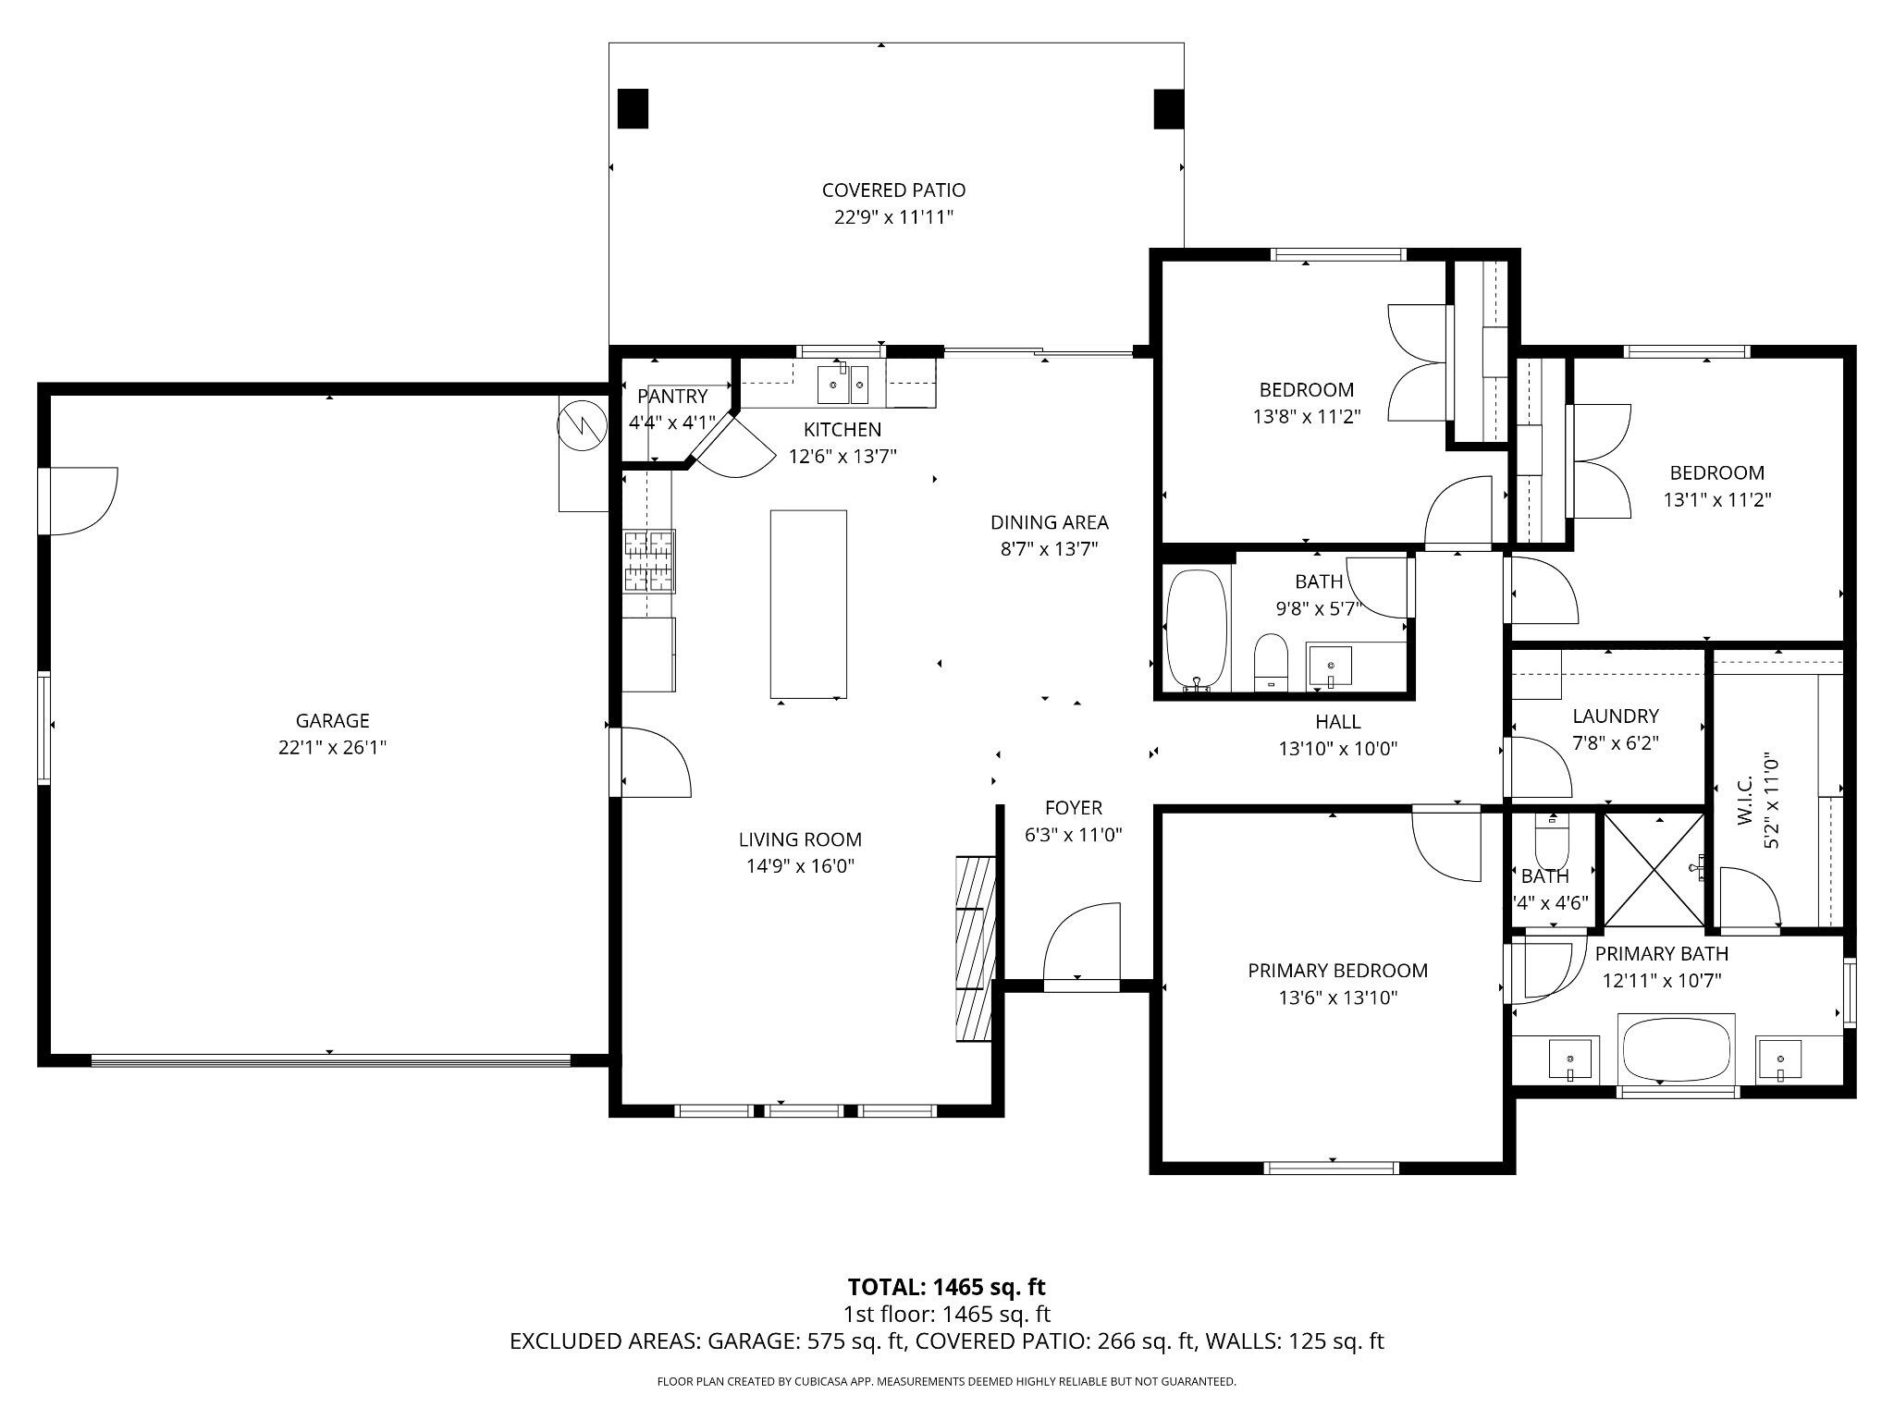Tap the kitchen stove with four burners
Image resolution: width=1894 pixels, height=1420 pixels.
point(648,560)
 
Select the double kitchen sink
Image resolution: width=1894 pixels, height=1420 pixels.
point(842,385)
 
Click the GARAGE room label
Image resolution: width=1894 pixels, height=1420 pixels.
point(332,720)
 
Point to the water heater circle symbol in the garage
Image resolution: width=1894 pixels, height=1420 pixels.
point(579,426)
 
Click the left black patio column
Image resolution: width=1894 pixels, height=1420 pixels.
point(633,108)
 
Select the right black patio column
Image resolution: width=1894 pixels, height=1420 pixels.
point(1169,108)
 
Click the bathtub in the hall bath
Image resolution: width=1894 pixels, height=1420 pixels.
point(1197,630)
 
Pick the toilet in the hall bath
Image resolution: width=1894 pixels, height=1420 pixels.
point(1272,660)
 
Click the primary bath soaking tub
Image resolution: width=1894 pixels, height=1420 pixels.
point(1676,1048)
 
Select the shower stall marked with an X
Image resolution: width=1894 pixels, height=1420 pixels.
point(1654,869)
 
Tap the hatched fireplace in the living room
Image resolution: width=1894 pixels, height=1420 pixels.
point(975,949)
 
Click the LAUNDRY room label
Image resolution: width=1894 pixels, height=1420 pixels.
point(1615,716)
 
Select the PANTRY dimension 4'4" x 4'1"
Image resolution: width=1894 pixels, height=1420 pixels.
point(672,423)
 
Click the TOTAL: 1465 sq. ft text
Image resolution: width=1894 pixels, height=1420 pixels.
point(946,1287)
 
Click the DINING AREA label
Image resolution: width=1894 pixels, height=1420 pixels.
point(1049,522)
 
